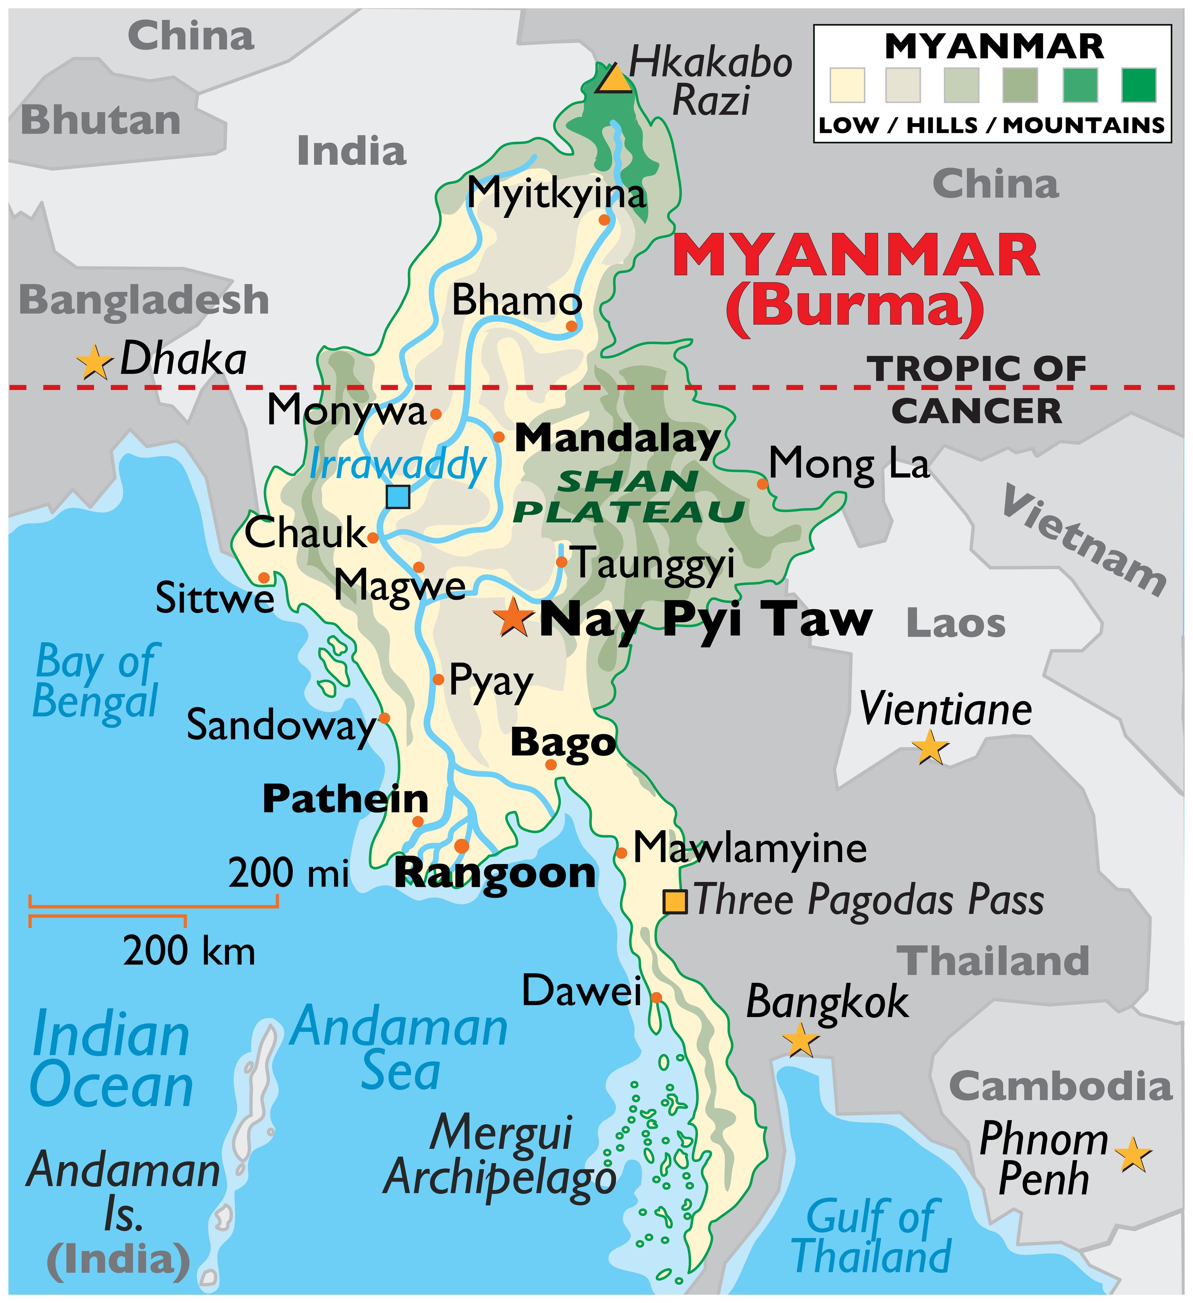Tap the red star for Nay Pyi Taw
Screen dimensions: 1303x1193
(x=513, y=617)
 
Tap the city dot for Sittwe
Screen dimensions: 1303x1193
(x=264, y=577)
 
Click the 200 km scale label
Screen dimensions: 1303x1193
(x=189, y=951)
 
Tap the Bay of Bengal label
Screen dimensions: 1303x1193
(x=96, y=681)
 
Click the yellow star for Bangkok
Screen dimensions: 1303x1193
(x=800, y=1040)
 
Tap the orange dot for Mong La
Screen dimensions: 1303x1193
(x=762, y=483)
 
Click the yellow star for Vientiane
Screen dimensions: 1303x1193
(x=930, y=748)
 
